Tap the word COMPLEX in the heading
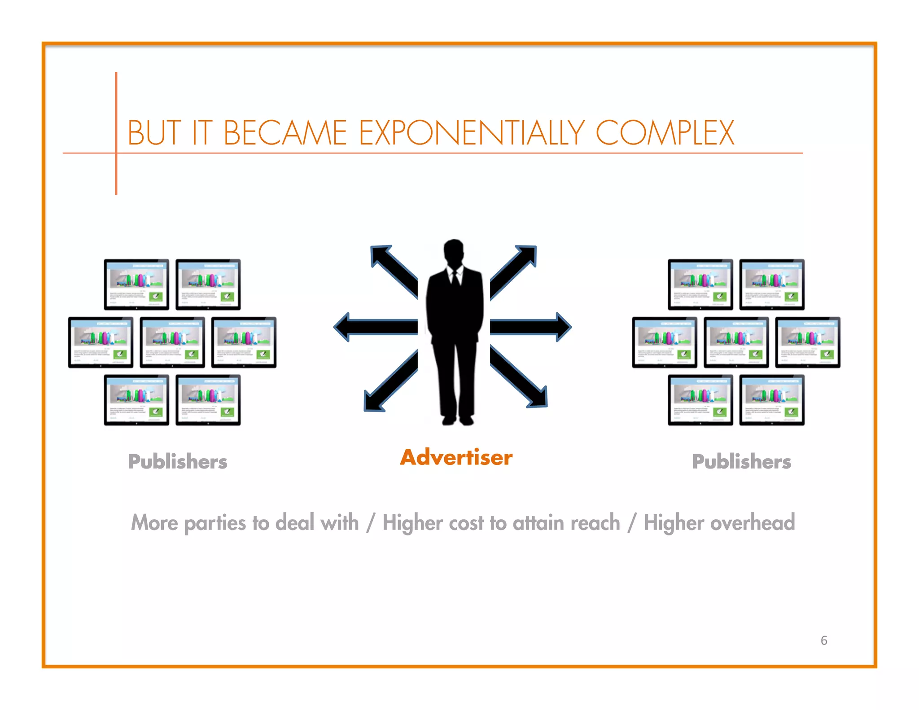[665, 133]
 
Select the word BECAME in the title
[285, 133]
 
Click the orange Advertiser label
[456, 457]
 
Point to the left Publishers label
[178, 461]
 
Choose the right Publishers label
[741, 461]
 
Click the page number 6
[824, 640]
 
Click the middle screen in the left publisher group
[172, 342]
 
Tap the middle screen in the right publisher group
[736, 342]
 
